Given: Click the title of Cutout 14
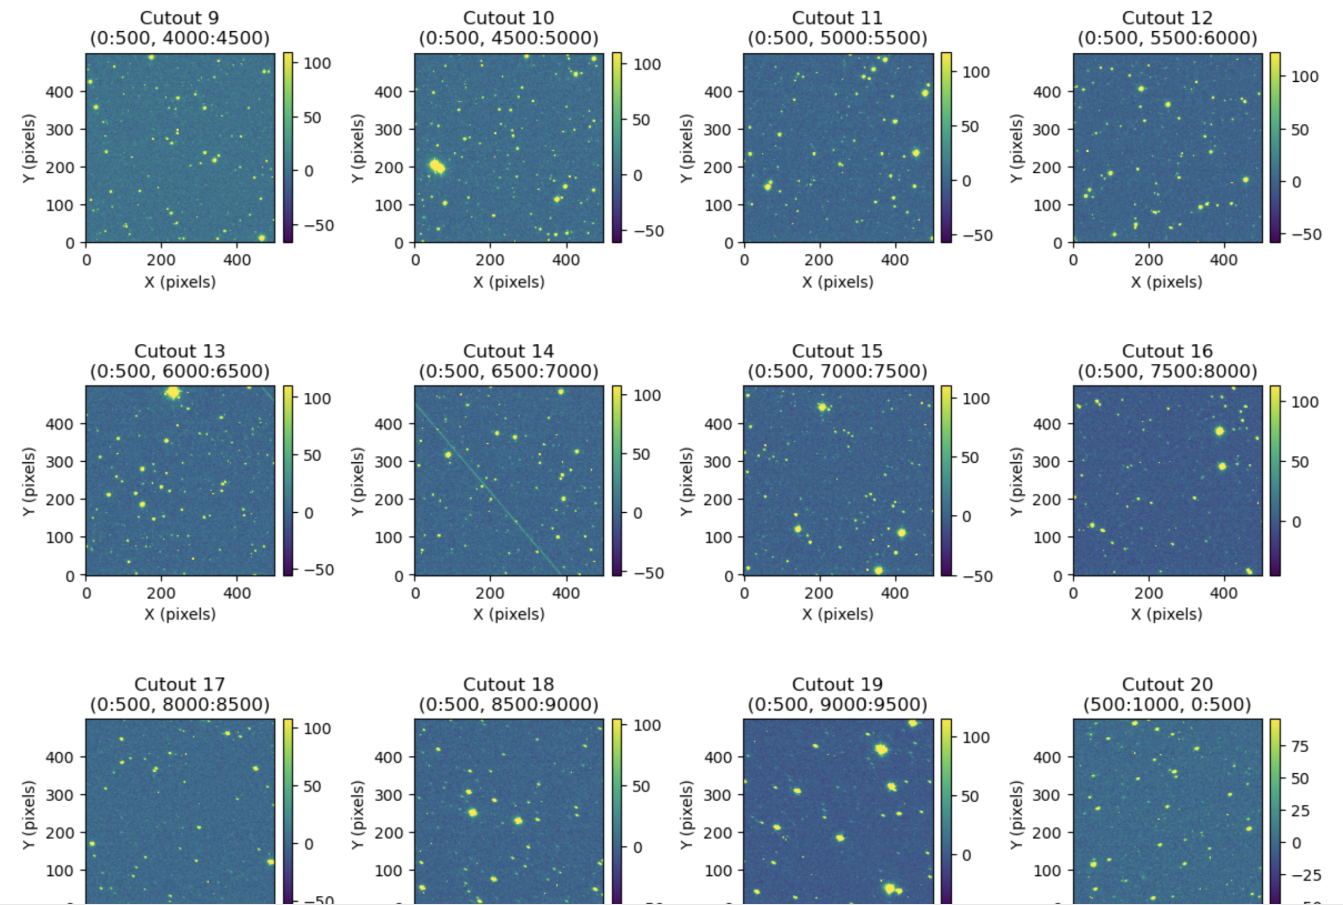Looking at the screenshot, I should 508,351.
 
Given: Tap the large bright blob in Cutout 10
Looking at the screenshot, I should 437,167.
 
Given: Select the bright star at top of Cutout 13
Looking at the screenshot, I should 173,393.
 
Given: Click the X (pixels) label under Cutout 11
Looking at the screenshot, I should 837,282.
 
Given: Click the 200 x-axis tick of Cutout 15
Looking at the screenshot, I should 819,593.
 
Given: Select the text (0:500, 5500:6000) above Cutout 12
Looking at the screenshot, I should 1167,38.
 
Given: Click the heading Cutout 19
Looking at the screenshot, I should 837,684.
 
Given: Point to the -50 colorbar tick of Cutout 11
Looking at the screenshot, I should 976,236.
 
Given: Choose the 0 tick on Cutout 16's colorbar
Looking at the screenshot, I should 1296,522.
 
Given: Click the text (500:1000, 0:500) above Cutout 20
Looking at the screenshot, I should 1167,705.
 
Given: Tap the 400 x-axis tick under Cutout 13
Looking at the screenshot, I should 237,593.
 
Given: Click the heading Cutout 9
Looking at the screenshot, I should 180,18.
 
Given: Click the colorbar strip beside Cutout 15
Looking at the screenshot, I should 946,481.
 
